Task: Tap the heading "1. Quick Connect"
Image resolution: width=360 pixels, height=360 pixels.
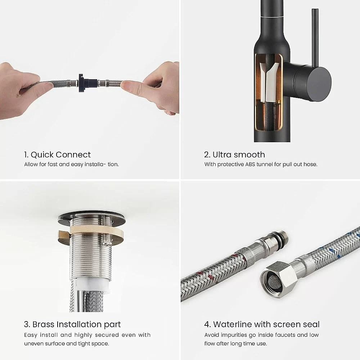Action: click(x=57, y=155)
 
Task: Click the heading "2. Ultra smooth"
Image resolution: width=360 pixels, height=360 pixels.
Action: click(x=234, y=155)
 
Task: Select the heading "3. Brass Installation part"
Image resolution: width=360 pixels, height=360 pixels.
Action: click(x=72, y=324)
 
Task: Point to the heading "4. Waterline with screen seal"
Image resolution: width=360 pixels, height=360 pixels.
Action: click(x=262, y=324)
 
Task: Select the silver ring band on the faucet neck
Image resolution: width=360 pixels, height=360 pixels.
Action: click(x=272, y=17)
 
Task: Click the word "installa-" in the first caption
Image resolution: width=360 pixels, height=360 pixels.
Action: click(x=95, y=165)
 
